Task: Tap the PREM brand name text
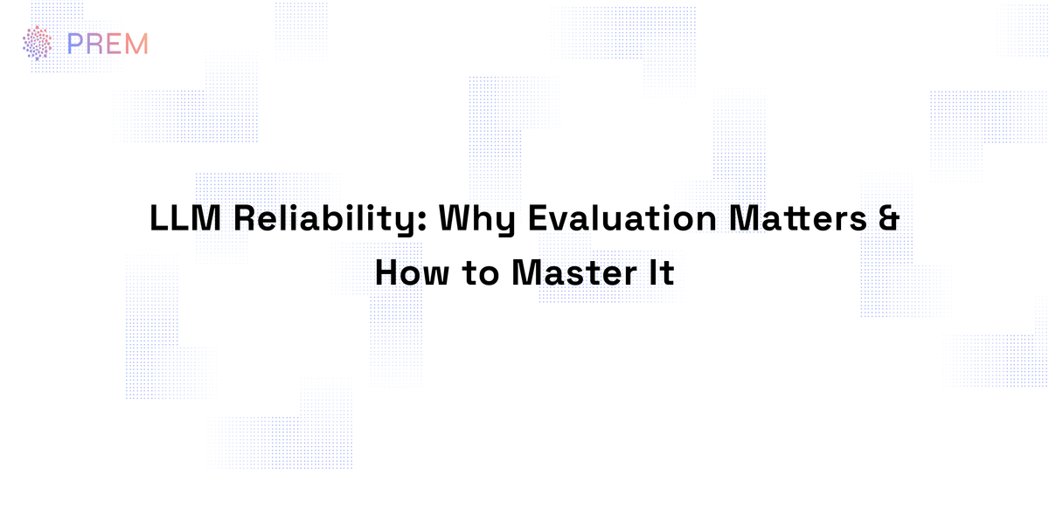tap(108, 43)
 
